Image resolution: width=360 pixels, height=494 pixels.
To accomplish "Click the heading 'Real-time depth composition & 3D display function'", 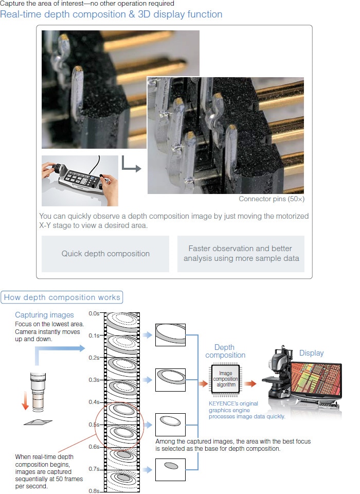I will (111, 14).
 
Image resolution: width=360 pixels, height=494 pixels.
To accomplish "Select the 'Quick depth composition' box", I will (105, 254).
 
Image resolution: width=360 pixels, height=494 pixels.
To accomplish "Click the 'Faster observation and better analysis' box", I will (241, 254).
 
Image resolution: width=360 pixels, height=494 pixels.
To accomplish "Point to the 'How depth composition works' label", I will (62, 297).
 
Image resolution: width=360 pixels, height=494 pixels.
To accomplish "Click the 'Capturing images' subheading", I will (44, 315).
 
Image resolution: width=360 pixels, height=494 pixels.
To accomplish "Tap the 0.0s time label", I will (94, 313).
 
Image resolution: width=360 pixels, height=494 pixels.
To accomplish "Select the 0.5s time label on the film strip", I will (94, 425).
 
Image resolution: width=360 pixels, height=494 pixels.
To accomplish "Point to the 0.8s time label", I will (94, 490).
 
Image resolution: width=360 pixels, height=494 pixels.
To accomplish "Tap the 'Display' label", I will (311, 353).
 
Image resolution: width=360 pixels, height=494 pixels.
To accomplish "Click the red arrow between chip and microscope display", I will (250, 383).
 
